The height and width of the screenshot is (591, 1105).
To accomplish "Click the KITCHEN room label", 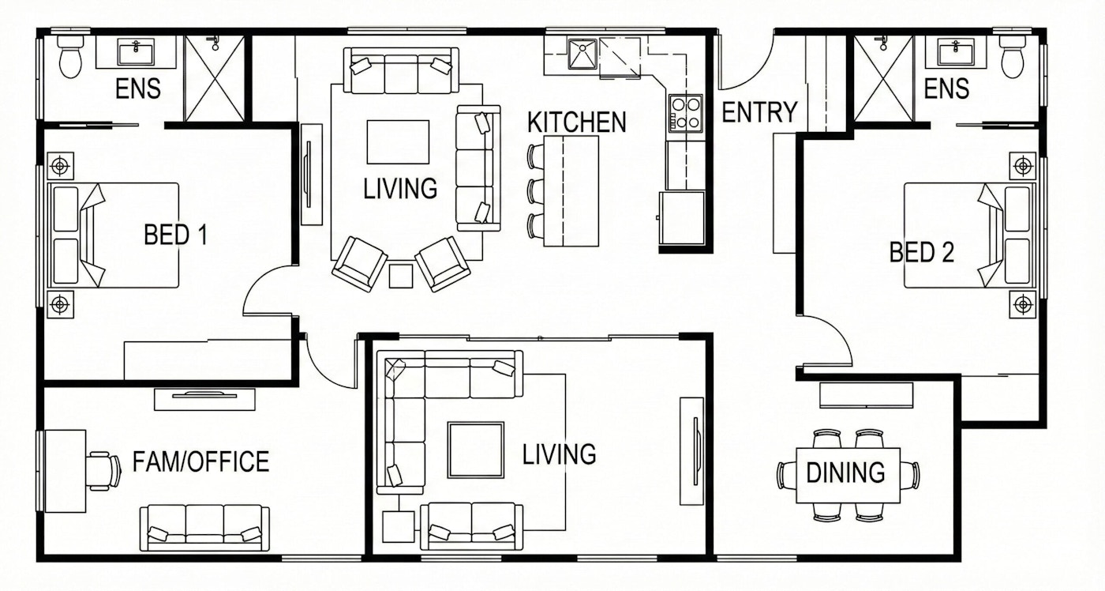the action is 577,122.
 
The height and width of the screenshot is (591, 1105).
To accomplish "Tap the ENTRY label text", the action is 759,112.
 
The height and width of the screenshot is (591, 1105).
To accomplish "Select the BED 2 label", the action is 922,252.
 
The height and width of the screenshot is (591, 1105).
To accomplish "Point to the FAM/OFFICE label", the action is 200,461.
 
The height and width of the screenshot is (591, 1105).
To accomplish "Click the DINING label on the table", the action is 845,472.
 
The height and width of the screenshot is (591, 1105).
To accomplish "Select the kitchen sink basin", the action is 582,54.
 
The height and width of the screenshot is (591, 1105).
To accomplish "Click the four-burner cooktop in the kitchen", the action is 686,113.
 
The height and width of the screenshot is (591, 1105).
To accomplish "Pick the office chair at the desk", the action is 103,471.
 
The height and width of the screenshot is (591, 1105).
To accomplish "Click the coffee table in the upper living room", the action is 398,141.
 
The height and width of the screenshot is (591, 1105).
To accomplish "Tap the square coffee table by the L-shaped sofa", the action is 475,450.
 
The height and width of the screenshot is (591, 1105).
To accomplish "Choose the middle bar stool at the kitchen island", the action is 536,191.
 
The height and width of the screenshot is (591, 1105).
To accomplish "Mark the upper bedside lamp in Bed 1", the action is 60,166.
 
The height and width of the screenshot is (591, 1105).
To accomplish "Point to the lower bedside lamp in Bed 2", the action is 1023,304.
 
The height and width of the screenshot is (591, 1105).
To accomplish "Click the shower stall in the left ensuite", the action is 214,78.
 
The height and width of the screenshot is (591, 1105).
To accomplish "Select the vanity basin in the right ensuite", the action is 956,52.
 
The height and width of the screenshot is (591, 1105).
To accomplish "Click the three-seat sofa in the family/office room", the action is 204,527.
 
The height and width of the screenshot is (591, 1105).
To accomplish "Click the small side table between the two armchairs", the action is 401,276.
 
